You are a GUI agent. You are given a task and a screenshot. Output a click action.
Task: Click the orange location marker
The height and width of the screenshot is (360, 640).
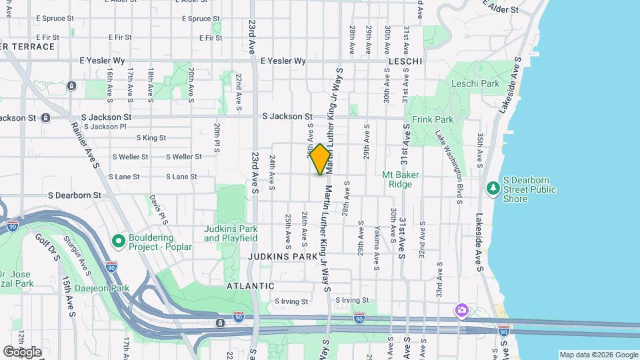320,159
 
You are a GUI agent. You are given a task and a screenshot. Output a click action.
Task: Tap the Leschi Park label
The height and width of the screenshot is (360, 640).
475,84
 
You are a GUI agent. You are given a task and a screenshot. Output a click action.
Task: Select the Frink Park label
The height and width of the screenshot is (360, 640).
433,120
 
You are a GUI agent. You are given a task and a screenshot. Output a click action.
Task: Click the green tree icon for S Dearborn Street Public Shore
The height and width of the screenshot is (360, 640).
493,189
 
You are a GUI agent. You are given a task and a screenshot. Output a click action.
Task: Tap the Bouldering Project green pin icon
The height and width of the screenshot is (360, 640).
119,240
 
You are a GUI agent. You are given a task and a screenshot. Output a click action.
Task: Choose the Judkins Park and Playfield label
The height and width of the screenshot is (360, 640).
231,233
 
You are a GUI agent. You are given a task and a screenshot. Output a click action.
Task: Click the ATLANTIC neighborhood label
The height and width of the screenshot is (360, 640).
250,285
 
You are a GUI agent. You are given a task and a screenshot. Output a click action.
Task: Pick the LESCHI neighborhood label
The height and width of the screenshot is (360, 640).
405,61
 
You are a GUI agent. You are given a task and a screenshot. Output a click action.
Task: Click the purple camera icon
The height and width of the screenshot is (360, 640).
461,311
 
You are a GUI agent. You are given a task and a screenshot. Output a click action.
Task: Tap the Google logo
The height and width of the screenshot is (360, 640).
22,351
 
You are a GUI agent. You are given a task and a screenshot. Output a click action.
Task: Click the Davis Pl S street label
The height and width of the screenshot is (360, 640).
157,205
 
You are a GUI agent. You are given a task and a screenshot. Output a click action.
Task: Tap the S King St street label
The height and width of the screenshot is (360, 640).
151,138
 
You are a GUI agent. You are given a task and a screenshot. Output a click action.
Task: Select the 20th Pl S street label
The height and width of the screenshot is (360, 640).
217,138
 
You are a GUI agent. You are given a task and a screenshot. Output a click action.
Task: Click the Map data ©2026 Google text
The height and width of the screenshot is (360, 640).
598,355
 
